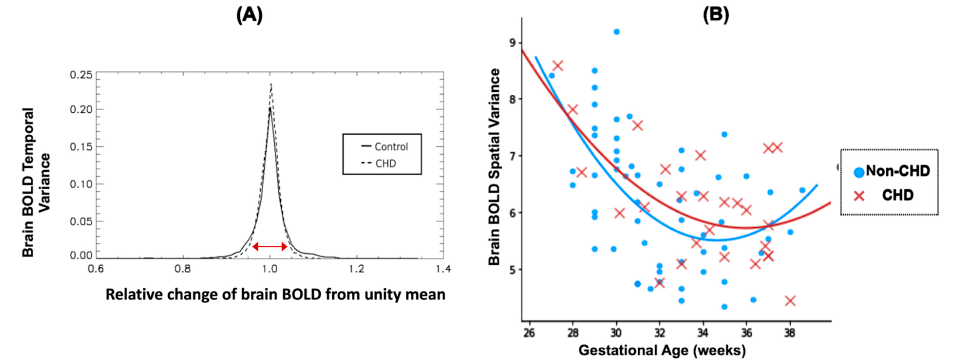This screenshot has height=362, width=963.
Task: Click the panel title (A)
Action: point(249,16)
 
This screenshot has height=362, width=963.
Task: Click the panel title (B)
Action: point(716,16)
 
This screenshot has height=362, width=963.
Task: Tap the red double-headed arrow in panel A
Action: point(270,246)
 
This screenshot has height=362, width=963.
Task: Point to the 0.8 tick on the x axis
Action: point(183,269)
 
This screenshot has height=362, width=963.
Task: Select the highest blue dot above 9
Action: point(616,32)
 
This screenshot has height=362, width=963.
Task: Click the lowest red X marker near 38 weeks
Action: point(790,301)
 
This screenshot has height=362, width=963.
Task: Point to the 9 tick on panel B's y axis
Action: point(512,43)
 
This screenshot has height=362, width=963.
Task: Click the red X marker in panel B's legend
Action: point(859,195)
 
